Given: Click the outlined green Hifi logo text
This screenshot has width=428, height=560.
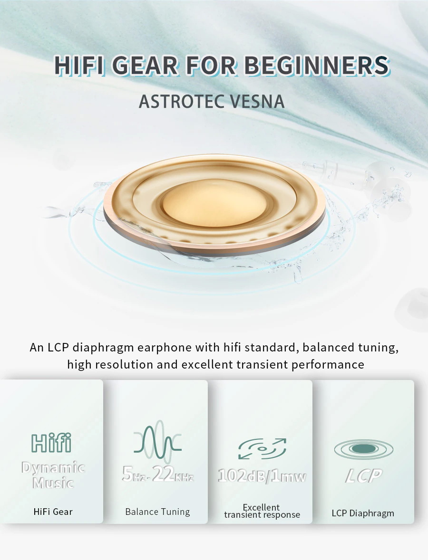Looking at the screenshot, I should (x=51, y=443).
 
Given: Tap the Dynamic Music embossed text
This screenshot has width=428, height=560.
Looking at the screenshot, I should (x=53, y=475).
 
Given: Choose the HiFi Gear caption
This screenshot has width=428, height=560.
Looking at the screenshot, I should (x=53, y=512).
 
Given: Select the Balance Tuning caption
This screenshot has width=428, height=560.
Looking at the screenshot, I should (x=157, y=512).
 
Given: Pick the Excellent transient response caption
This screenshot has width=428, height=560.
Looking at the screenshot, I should (x=262, y=511).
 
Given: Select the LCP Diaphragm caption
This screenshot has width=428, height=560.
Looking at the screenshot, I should (x=363, y=513).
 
